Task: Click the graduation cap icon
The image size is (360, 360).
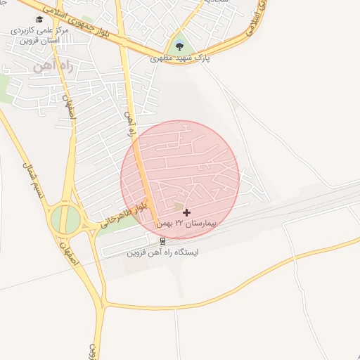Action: pos(39,19)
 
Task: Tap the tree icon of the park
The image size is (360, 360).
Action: pos(181,47)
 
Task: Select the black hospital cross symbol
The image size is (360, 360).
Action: pos(186,212)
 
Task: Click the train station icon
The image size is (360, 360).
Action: pos(163,240)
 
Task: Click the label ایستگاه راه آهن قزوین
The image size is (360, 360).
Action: pos(163,251)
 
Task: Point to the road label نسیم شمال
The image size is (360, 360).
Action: pos(31,185)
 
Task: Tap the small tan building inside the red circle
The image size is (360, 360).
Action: pos(178,205)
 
